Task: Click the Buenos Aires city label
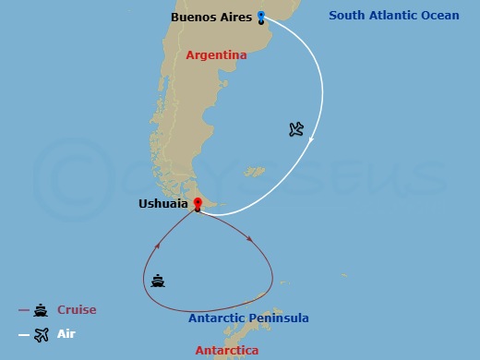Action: pos(210,17)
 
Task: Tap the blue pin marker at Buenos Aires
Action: pos(261,16)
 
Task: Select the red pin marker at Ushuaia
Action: pos(197,203)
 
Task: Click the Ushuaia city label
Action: pos(163,204)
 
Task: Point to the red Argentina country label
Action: pos(216,55)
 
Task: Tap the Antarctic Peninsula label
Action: pos(248,318)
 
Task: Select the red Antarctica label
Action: pos(227,351)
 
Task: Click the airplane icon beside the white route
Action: pos(295,129)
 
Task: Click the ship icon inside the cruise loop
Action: pos(159,281)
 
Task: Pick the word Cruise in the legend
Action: pos(77,310)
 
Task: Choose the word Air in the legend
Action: pos(66,335)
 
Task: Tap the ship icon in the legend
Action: pos(41,311)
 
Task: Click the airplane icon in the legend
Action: pos(41,335)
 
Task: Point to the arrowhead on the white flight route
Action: pos(313,140)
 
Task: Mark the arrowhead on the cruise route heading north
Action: pos(158,246)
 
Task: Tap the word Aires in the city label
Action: pos(236,17)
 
